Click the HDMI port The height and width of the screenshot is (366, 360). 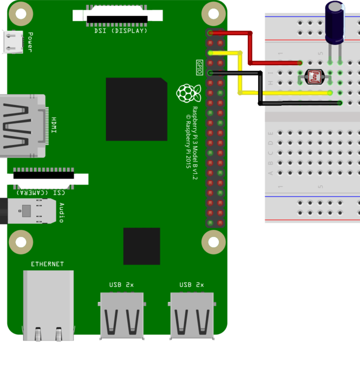point(23,126)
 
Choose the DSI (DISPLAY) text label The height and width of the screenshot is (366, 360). point(121,31)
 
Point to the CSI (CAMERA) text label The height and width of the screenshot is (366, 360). point(40,192)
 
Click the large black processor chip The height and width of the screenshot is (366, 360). point(137,109)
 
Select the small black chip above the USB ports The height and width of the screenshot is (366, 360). point(141,246)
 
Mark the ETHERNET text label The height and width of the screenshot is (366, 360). point(47,264)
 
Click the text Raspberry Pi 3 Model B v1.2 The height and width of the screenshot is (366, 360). point(195,143)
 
